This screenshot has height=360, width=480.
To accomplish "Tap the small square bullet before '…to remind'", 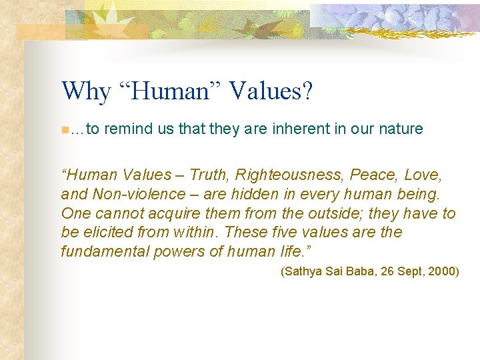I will (63, 129).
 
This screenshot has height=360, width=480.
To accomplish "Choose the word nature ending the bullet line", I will (400, 129).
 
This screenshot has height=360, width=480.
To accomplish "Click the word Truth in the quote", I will (207, 175).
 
